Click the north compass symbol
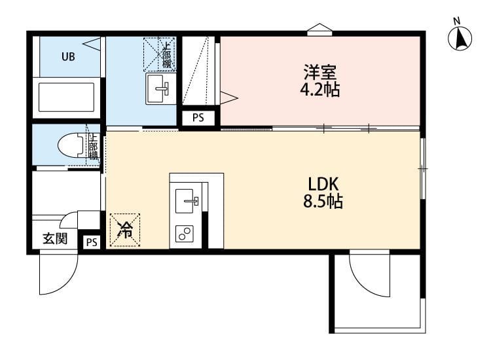point(460,37)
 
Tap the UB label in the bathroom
point(68,56)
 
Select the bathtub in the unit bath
point(67,97)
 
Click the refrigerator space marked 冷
point(124,230)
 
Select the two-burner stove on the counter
point(185,233)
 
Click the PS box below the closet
point(198,118)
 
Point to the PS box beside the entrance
point(91,242)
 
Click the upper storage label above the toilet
point(94,147)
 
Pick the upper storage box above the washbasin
point(160,54)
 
